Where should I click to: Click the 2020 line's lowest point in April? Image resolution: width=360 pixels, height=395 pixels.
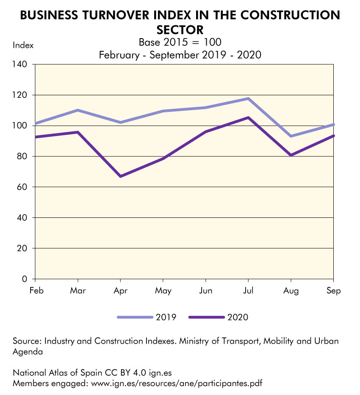(x=121, y=176)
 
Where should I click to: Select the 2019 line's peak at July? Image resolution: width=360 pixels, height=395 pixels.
(x=248, y=99)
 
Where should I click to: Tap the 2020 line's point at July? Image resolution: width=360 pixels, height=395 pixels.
(x=248, y=117)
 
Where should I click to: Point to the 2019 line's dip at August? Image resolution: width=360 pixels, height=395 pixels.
(x=291, y=136)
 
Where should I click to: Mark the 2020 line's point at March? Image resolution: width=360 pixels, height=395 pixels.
(x=78, y=132)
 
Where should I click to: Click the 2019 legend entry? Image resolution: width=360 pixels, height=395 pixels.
(x=147, y=317)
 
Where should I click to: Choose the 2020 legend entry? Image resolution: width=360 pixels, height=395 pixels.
(x=219, y=317)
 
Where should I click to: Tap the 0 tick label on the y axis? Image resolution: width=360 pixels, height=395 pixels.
(x=25, y=279)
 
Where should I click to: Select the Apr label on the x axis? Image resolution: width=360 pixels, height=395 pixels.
(x=121, y=291)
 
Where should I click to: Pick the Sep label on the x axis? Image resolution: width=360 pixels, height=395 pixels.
(x=334, y=291)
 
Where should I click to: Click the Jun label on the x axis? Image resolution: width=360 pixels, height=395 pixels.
(x=205, y=291)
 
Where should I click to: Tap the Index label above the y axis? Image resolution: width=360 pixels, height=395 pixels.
(x=23, y=45)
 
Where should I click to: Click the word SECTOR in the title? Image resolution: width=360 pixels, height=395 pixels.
(x=180, y=30)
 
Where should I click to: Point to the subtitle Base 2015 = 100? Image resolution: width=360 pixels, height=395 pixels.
(x=180, y=42)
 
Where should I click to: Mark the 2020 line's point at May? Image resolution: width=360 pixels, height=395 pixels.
(x=163, y=159)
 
